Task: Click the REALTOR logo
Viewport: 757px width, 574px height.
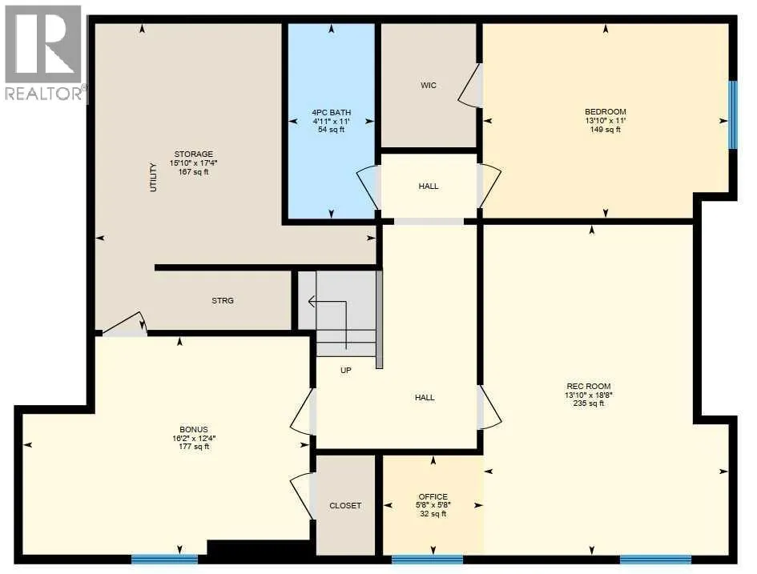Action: pos(44,53)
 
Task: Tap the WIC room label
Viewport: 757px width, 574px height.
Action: pos(429,86)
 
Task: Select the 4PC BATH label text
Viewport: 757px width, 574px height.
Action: pos(331,112)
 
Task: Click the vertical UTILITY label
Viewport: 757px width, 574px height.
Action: pos(154,178)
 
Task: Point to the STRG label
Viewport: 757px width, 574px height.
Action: pos(223,300)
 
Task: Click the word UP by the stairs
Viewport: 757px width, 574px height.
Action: pos(346,371)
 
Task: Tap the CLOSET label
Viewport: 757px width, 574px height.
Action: pos(345,505)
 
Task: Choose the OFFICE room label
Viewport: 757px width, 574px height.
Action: pos(433,497)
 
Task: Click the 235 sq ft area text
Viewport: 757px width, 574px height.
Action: pos(589,403)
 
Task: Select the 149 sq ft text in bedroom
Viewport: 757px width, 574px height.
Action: pos(606,129)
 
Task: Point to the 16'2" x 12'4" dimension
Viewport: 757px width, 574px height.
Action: pos(194,439)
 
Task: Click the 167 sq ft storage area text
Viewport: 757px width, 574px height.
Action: pos(194,171)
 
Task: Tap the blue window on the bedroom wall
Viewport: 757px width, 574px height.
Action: pos(733,114)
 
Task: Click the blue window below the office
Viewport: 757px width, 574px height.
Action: pos(427,560)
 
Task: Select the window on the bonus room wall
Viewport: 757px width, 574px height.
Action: pos(165,560)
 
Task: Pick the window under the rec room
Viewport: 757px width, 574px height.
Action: pos(655,560)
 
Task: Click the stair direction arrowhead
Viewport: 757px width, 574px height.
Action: pos(312,302)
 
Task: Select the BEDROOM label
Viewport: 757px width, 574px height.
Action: pos(606,112)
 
